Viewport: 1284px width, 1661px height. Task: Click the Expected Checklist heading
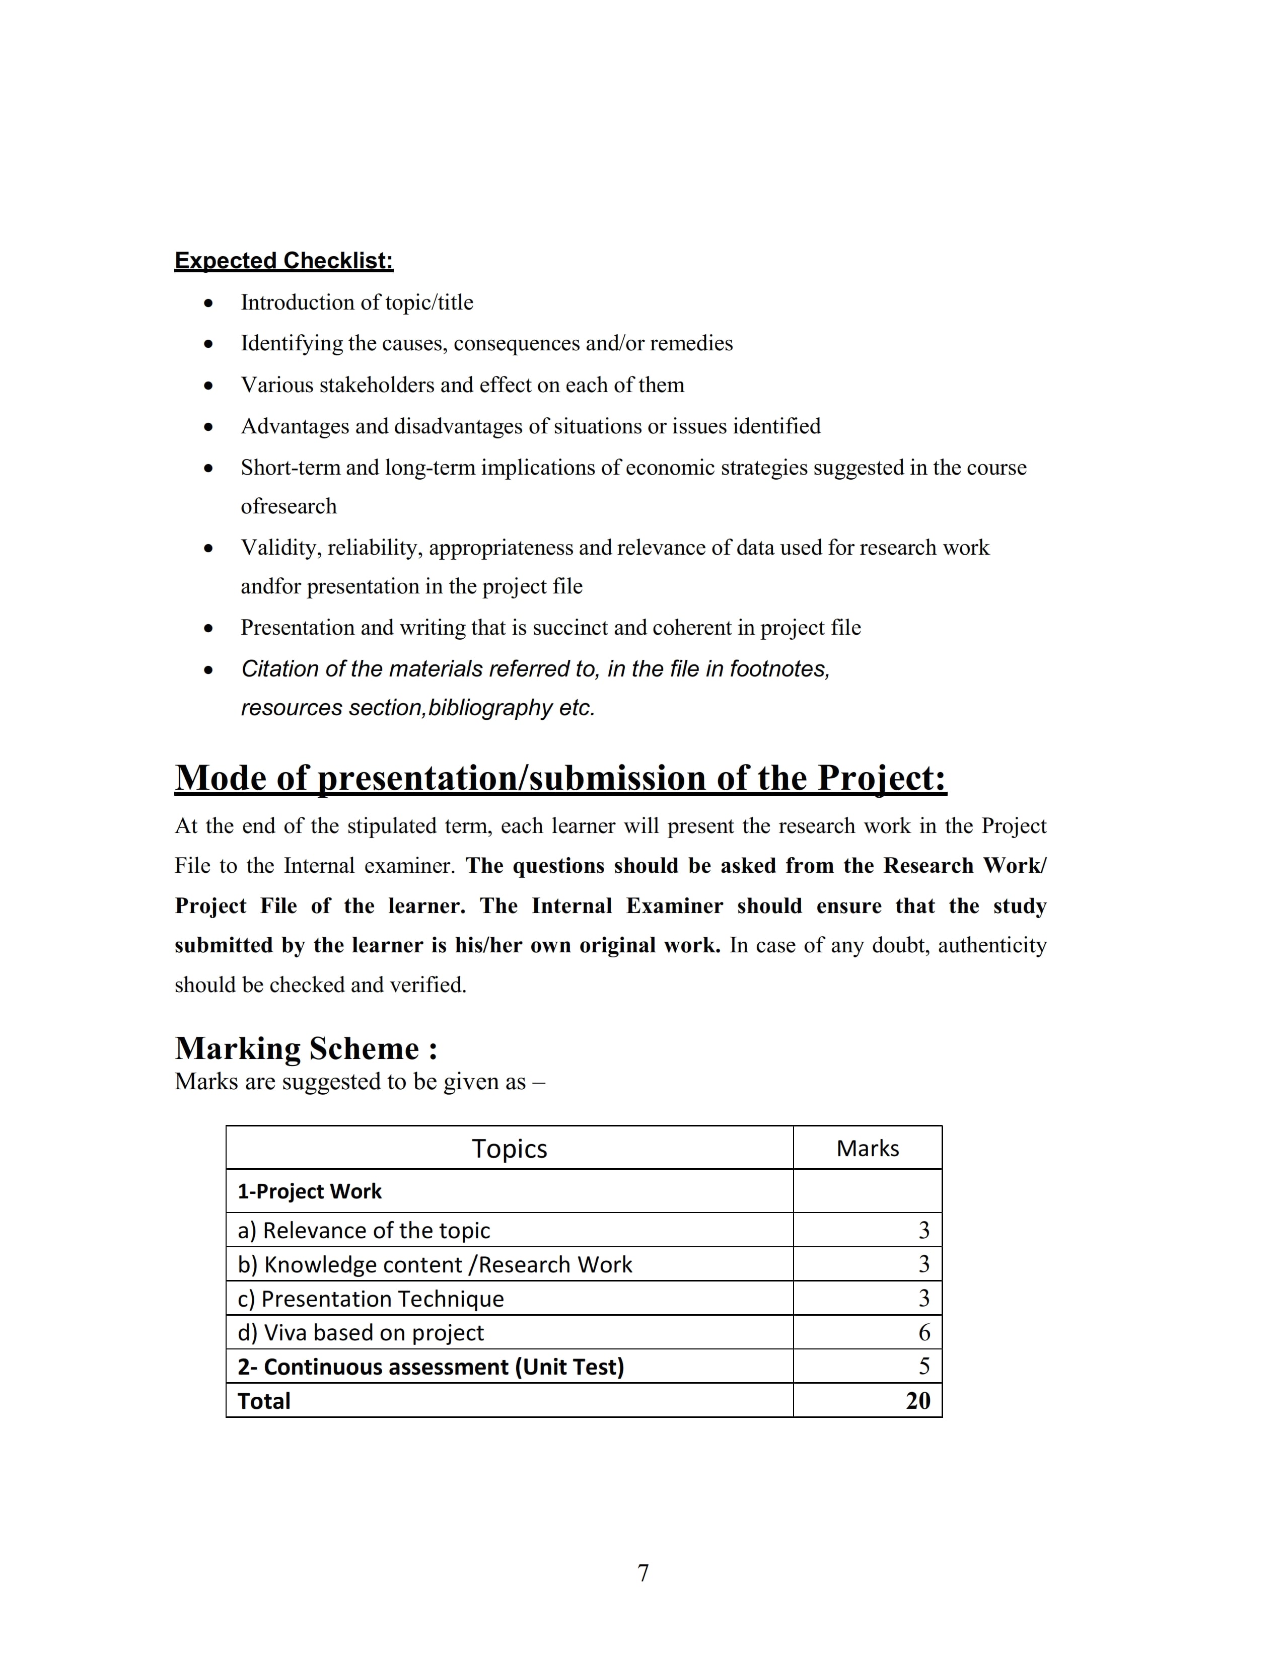(283, 261)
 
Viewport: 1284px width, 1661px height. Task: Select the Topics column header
(509, 1149)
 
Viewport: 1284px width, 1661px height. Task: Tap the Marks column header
(867, 1149)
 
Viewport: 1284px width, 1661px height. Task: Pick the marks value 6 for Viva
(924, 1332)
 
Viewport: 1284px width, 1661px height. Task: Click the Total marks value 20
(918, 1401)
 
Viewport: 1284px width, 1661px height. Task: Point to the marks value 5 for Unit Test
(924, 1367)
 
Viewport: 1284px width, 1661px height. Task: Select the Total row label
(264, 1401)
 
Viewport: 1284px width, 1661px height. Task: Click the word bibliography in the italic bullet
(490, 708)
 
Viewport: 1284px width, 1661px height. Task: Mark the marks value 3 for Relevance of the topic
(924, 1230)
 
